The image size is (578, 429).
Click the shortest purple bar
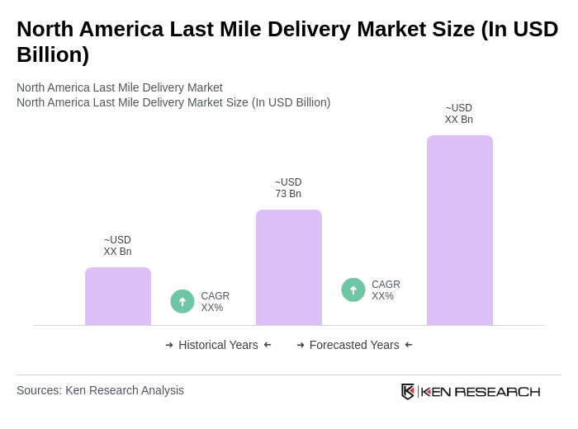point(118,296)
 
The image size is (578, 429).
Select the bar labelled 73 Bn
point(289,267)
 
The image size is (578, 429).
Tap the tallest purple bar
point(460,230)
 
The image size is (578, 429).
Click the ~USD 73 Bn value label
point(288,188)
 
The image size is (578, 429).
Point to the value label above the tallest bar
point(459,114)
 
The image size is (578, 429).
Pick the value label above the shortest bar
point(117,246)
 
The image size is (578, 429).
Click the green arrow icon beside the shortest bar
point(182,301)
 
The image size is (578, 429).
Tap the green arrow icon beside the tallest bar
point(353,290)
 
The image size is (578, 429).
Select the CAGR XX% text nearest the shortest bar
point(215,302)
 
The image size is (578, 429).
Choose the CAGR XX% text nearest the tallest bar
point(386,290)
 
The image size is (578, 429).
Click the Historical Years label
point(218,345)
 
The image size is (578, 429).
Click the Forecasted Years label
point(354,345)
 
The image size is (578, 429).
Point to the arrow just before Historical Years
point(169,345)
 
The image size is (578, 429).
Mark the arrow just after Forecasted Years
point(409,345)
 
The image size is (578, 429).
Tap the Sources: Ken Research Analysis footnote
point(100,390)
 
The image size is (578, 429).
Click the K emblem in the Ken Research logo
point(408,391)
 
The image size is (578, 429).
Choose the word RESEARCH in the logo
point(497,391)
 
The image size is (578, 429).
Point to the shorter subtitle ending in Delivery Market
point(120,87)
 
